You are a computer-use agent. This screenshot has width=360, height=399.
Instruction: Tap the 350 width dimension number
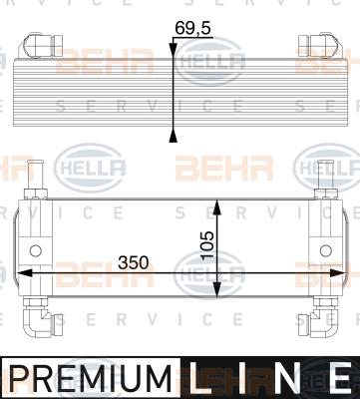point(134,262)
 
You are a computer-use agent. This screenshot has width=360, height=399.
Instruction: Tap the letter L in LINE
point(202,378)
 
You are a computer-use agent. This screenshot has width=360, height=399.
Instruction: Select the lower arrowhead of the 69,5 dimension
point(174,135)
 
